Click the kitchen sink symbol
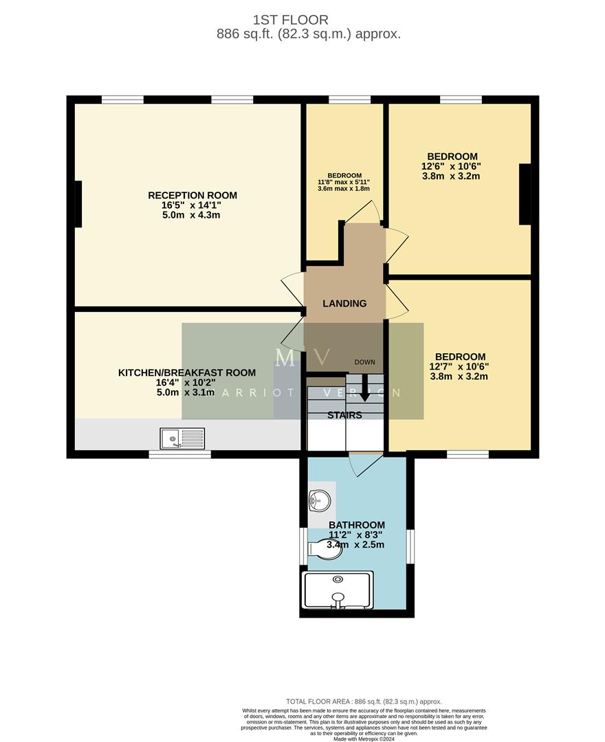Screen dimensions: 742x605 182,437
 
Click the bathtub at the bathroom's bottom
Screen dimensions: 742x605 338,590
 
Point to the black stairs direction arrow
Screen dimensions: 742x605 364,395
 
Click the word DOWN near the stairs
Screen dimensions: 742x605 365,362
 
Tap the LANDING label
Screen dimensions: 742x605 344,303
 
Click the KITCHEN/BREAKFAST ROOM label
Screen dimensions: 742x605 187,372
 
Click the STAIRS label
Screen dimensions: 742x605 344,415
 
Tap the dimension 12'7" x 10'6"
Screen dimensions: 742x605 460,367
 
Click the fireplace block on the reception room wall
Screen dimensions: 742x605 78,203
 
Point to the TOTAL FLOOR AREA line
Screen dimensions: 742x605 364,701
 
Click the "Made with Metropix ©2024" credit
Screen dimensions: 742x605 364,739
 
